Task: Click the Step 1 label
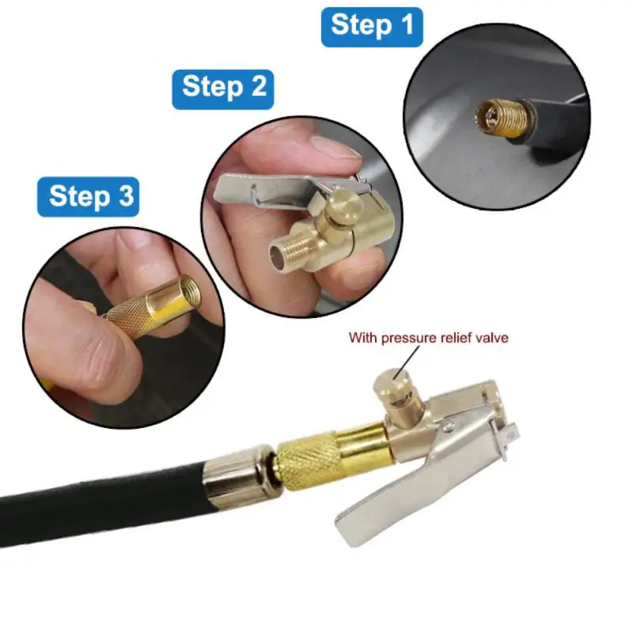point(371,26)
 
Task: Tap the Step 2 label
point(223,85)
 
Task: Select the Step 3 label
point(88,195)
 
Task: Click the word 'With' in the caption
point(365,338)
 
